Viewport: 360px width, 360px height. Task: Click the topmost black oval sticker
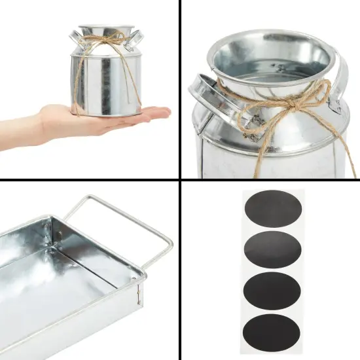tap(272, 209)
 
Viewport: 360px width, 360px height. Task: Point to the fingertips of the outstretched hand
tap(164, 113)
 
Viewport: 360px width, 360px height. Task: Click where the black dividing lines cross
tap(180, 180)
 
